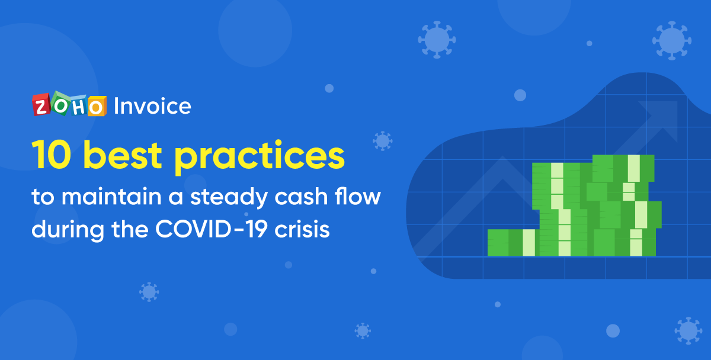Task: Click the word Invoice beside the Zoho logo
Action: pos(152,106)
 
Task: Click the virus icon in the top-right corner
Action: pos(671,40)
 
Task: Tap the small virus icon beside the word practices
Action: pos(383,140)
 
